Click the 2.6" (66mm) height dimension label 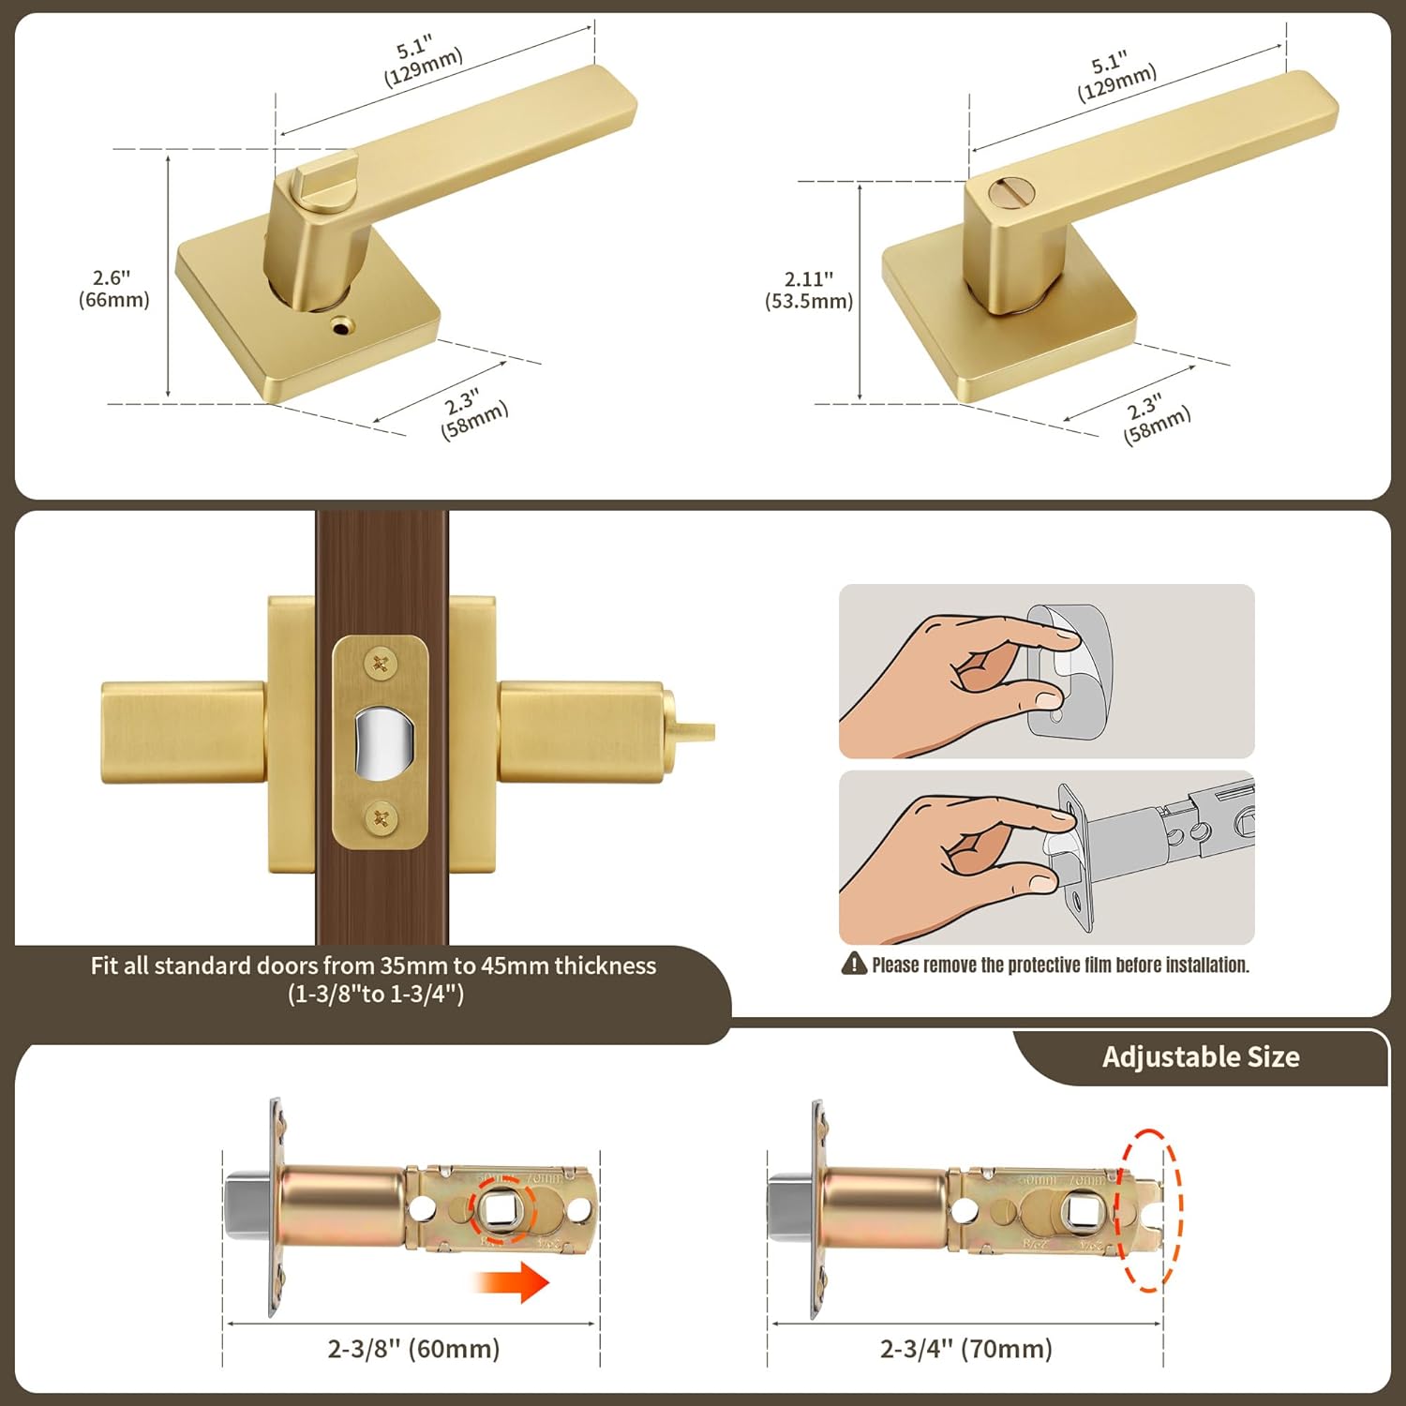[x=113, y=289]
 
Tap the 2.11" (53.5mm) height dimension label [x=809, y=290]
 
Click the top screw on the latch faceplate [x=381, y=665]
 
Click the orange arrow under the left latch [x=511, y=1282]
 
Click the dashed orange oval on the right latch [x=1150, y=1210]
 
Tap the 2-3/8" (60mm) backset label [x=413, y=1349]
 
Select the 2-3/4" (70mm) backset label [x=965, y=1349]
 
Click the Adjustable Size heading [x=1201, y=1057]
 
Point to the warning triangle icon [x=854, y=964]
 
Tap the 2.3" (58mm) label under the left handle [x=473, y=413]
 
